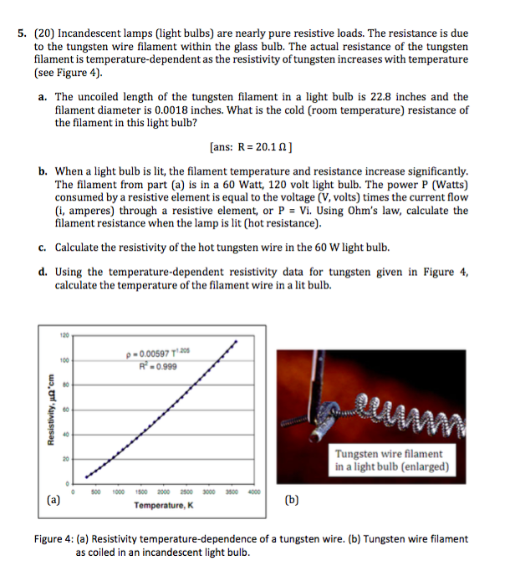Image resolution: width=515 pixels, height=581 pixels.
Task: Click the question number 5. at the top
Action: click(23, 34)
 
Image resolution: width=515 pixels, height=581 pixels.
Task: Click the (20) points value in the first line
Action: click(45, 34)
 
